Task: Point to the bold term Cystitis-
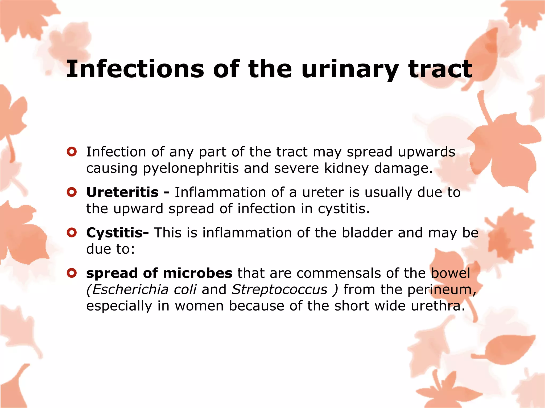tap(117, 233)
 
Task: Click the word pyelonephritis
tap(191, 168)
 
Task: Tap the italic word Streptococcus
tap(279, 289)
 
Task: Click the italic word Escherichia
tap(130, 289)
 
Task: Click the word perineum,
tap(442, 290)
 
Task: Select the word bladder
tap(367, 233)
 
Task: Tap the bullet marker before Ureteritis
tap(72, 192)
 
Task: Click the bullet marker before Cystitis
tap(72, 233)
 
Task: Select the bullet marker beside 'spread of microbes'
tap(72, 273)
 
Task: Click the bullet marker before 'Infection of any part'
tap(72, 152)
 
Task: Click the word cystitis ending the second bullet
tap(344, 209)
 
